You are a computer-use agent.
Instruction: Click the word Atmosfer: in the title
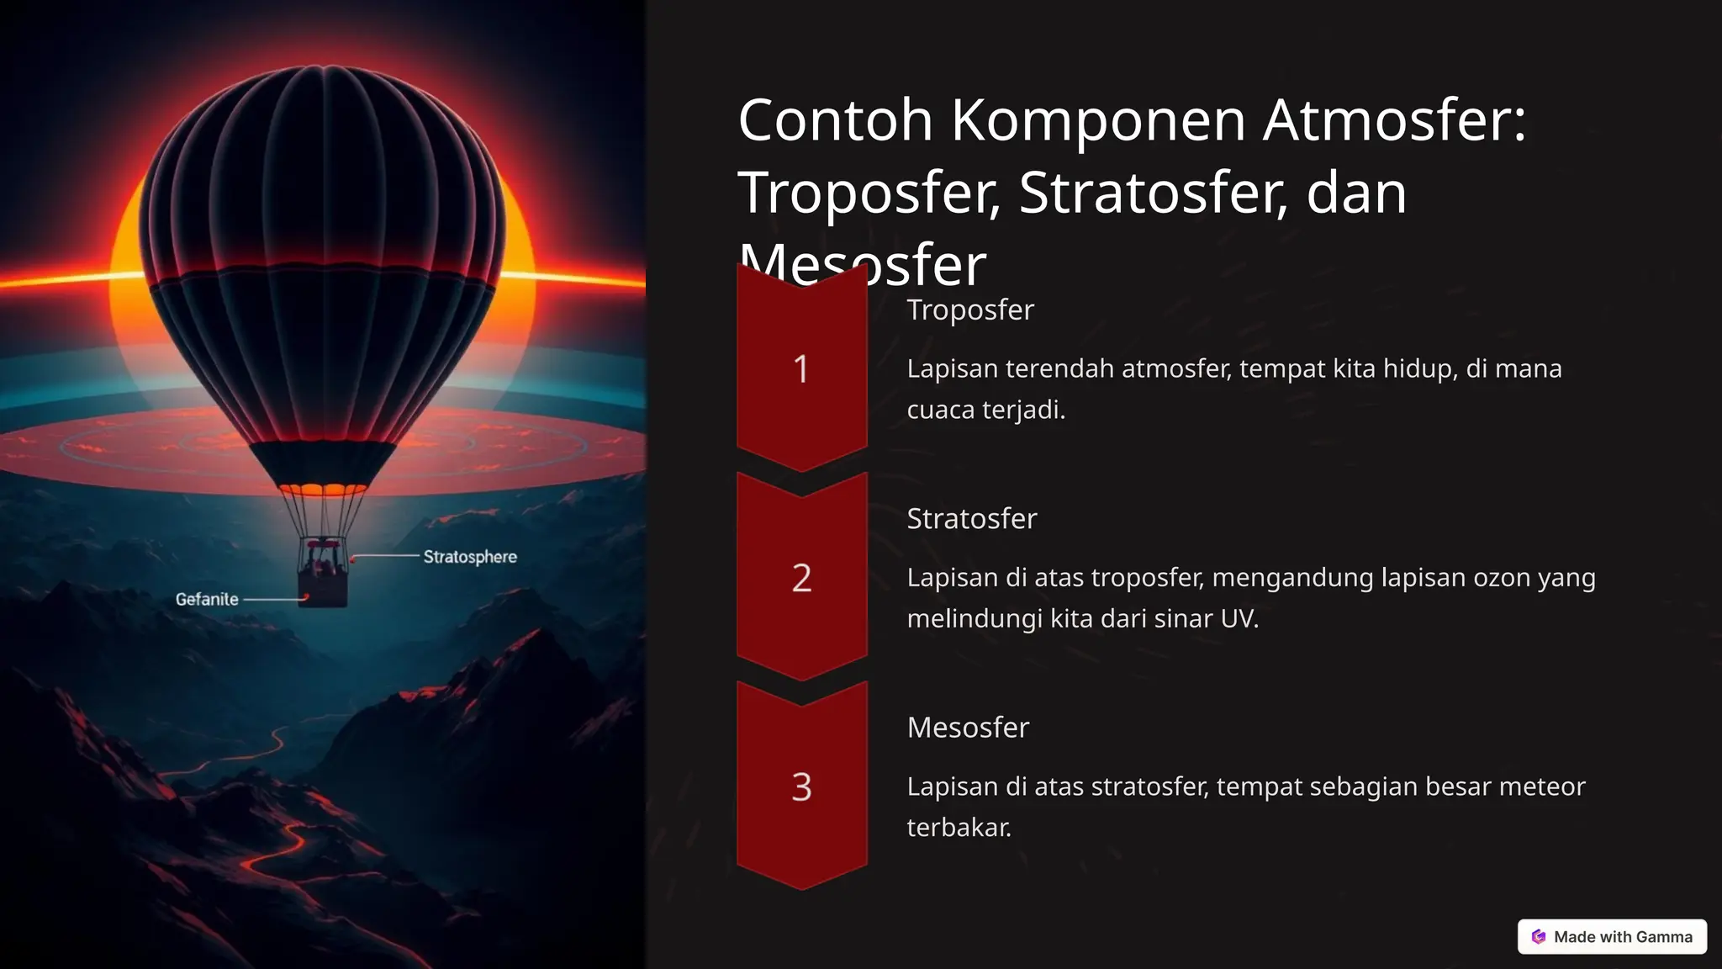pyautogui.click(x=1394, y=120)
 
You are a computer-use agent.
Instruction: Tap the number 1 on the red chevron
pyautogui.click(x=801, y=369)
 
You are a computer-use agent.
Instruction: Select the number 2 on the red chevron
pyautogui.click(x=801, y=578)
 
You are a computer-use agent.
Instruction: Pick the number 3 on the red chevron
pyautogui.click(x=801, y=787)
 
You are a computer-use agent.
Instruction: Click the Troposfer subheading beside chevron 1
pyautogui.click(x=970, y=310)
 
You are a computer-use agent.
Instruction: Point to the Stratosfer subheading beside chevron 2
pyautogui.click(x=972, y=518)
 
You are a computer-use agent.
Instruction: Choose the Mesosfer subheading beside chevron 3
pyautogui.click(x=968, y=727)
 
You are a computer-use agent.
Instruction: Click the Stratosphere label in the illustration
pyautogui.click(x=470, y=557)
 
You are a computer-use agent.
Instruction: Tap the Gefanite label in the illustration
pyautogui.click(x=207, y=599)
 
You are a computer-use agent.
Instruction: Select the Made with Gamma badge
pyautogui.click(x=1612, y=936)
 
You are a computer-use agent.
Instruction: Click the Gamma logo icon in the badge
pyautogui.click(x=1539, y=936)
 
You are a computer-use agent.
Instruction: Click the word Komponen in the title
pyautogui.click(x=1098, y=120)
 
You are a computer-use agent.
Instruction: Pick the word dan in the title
pyautogui.click(x=1356, y=193)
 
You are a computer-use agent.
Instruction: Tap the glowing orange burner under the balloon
pyautogui.click(x=323, y=489)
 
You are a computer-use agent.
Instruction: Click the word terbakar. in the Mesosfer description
pyautogui.click(x=959, y=828)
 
